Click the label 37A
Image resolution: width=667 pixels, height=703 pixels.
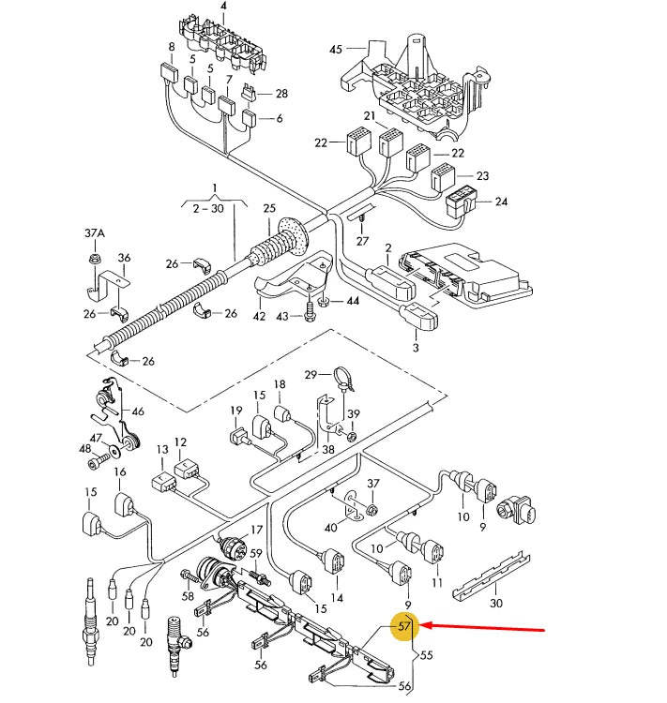coord(95,232)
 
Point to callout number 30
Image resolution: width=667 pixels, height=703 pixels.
coord(496,603)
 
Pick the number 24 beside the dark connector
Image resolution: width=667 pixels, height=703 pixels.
coord(501,202)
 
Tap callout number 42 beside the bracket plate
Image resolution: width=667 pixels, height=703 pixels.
coord(261,318)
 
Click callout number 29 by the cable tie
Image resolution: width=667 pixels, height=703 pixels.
coord(311,375)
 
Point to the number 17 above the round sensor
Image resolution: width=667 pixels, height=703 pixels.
coord(255,530)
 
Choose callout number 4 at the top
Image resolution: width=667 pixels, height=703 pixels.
coord(223,7)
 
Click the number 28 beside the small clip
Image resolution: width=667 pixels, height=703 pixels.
coord(280,94)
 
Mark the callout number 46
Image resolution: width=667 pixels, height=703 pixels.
coord(138,411)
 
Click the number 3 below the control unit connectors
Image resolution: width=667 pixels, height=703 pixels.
coord(415,348)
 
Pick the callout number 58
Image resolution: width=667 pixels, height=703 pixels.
coord(188,596)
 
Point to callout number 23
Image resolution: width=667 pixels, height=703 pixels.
coord(483,176)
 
